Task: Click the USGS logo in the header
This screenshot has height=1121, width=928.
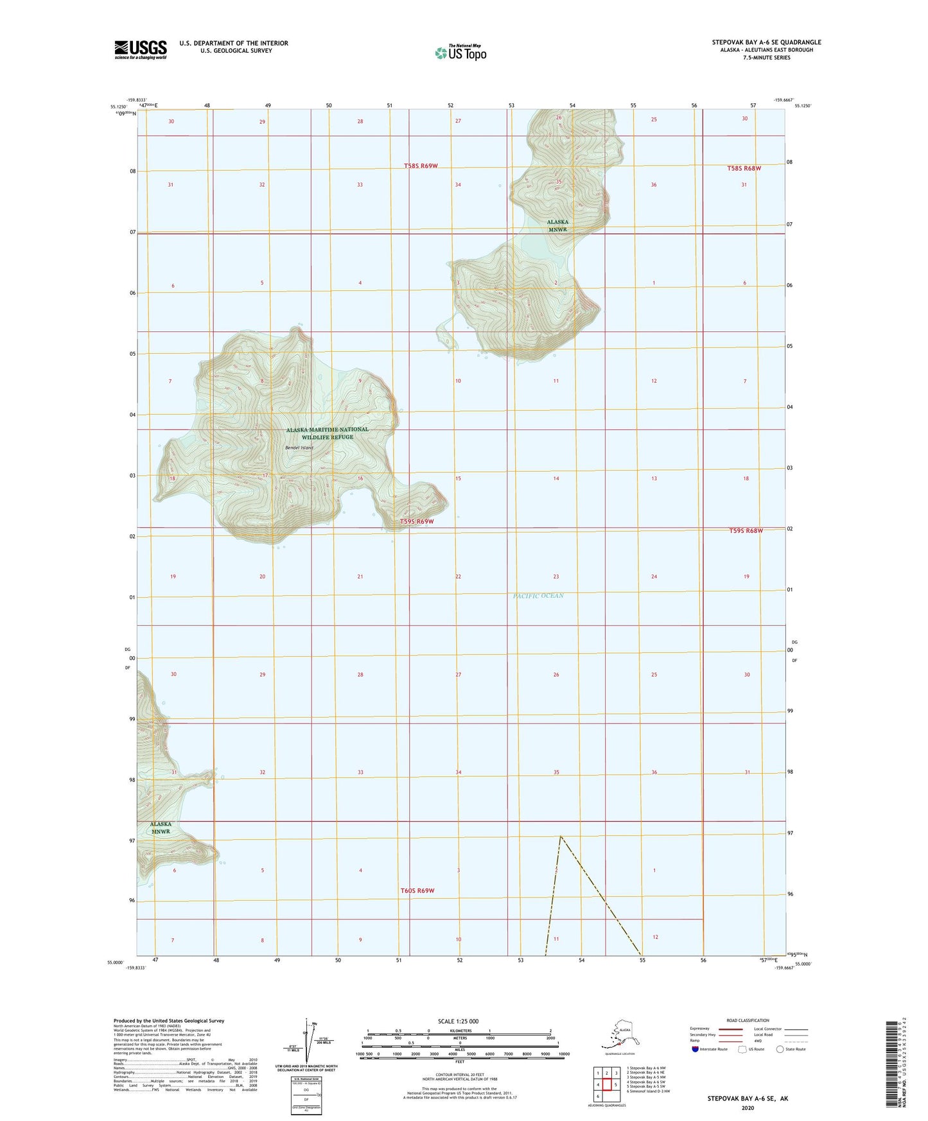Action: [x=141, y=49]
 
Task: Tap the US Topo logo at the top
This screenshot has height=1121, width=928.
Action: [x=460, y=52]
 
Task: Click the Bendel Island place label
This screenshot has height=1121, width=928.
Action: [x=299, y=448]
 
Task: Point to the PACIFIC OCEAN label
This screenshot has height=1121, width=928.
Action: [x=538, y=596]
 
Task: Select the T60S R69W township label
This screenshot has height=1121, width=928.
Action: [x=417, y=891]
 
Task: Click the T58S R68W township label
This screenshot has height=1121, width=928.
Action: [x=744, y=168]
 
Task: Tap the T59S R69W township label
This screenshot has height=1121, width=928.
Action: [x=417, y=521]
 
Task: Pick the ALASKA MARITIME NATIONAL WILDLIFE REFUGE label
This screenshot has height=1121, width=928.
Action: [x=328, y=433]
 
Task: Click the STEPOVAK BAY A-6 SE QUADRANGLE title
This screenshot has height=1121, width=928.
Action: [x=766, y=42]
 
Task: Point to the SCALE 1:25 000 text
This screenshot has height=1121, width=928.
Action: [x=459, y=1021]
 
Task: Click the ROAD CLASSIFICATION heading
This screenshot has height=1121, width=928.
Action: [x=747, y=1020]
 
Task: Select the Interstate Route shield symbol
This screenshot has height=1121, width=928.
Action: [x=696, y=1049]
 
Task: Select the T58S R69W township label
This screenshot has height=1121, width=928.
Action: [x=421, y=166]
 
